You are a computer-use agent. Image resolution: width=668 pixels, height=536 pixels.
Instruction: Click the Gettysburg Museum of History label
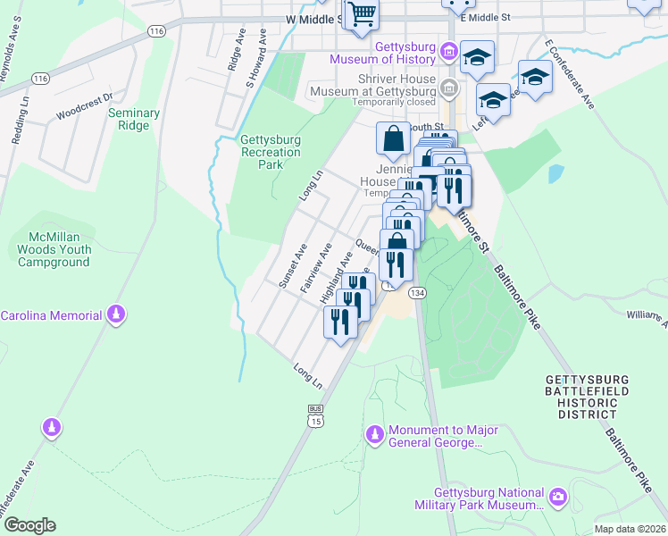click(382, 53)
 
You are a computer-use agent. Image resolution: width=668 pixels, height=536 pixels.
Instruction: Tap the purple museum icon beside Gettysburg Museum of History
click(448, 52)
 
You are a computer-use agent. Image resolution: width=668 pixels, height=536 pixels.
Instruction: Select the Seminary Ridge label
click(134, 119)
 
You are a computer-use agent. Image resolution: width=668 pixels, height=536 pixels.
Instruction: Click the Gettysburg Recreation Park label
click(271, 152)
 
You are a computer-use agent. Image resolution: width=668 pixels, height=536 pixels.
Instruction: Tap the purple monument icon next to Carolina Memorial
click(114, 315)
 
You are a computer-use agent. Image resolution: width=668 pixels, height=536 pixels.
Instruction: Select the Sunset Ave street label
click(292, 266)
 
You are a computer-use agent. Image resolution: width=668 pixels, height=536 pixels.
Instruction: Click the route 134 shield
click(417, 292)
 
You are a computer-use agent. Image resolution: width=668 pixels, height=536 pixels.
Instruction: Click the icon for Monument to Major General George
click(375, 435)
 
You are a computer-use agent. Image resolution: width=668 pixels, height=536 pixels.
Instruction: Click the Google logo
click(29, 525)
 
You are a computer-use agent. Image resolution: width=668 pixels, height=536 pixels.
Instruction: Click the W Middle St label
click(313, 18)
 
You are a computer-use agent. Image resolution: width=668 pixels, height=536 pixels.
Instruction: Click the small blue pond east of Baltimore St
click(555, 173)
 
